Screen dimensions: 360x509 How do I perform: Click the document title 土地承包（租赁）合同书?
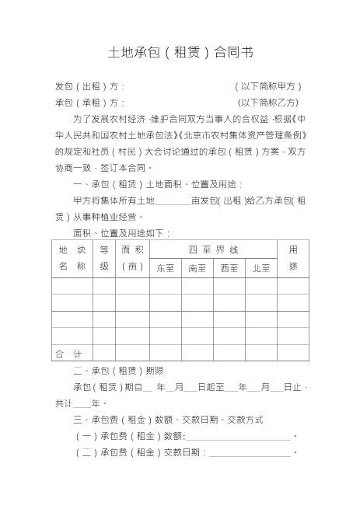pos(180,53)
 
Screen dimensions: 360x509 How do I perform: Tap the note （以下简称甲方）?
pos(268,87)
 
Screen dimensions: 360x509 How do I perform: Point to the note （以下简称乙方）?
pos(268,102)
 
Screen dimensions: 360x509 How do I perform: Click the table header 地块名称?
pos(72,258)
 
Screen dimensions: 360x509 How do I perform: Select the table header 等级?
pos(104,258)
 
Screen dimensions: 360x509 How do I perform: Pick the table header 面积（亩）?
pos(132,258)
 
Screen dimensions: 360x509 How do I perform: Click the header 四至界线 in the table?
pos(213,249)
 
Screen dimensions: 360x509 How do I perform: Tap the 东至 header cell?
pos(165,268)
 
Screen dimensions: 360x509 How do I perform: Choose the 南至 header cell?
pos(197,268)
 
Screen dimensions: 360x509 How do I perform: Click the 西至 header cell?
pos(229,268)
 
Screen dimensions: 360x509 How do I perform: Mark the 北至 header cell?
pos(261,268)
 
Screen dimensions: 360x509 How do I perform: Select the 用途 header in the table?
pos(292,258)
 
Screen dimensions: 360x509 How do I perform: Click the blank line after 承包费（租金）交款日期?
pos(249,453)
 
